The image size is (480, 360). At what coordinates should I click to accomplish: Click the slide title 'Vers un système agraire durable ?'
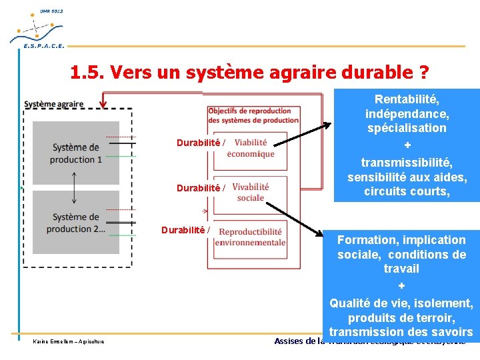pos(249,72)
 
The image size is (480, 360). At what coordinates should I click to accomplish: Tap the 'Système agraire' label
pos(54,104)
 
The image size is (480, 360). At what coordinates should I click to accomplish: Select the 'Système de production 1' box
pos(76,153)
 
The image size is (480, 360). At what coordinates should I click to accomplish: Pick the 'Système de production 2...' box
pos(76,223)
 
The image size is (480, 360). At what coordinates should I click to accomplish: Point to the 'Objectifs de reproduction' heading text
pos(250,111)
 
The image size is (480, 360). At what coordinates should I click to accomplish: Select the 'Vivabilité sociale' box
pos(251,192)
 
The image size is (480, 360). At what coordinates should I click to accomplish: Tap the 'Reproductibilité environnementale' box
pos(252,237)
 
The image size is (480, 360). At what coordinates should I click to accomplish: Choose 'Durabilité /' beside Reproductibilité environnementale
pos(186,230)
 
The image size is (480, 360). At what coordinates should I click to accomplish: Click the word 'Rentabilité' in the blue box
pos(407,99)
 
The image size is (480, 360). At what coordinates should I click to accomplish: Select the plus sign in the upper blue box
pos(407,145)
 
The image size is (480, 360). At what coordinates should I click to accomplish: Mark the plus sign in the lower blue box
pos(401,286)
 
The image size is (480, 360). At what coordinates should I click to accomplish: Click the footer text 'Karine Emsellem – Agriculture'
pos(66,342)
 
